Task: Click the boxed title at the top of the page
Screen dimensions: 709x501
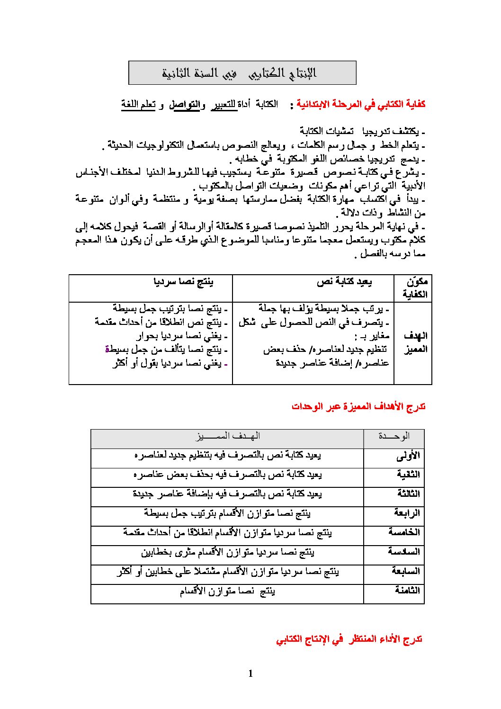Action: pos(242,73)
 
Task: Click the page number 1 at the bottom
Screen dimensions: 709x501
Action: pos(250,673)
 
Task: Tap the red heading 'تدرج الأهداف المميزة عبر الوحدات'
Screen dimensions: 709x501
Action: pos(358,406)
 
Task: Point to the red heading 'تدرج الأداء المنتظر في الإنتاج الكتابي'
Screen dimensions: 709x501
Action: pos(349,640)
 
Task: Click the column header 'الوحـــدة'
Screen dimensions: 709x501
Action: pos(394,436)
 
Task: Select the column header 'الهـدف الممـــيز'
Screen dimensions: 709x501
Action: pos(228,436)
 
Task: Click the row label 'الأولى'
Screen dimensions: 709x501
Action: pos(408,456)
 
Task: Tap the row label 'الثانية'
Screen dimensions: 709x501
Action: pos(408,475)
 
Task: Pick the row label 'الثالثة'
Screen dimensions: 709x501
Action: pos(408,494)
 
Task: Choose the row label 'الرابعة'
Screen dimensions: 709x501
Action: pos(407,513)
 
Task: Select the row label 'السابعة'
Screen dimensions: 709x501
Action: pos(405,571)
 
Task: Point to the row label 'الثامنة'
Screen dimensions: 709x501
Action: pos(407,591)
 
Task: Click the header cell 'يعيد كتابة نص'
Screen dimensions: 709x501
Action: pos(344,282)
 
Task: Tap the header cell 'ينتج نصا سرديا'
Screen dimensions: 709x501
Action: pos(184,282)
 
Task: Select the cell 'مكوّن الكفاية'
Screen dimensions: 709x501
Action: pos(415,288)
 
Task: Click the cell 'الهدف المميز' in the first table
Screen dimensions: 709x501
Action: pos(415,342)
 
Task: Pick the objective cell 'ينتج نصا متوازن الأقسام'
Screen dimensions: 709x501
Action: pos(227,591)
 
